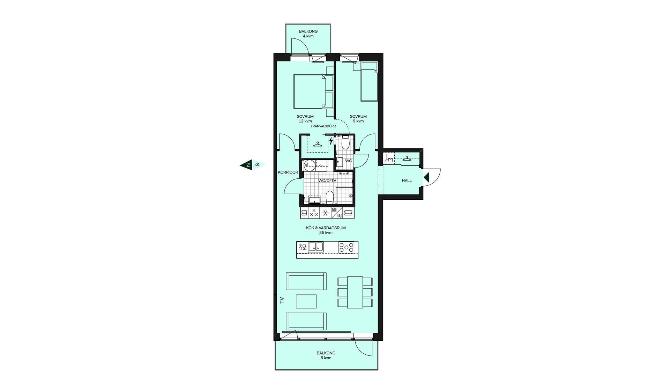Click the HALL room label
click(407, 180)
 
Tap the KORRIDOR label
click(288, 172)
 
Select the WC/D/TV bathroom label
click(327, 180)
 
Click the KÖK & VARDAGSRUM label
click(326, 228)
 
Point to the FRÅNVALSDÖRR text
click(323, 126)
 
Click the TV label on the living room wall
click(282, 300)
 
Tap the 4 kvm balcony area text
click(308, 36)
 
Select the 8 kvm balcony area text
click(326, 358)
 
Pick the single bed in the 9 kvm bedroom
click(369, 82)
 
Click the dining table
click(355, 292)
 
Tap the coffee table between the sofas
click(306, 301)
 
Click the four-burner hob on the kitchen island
click(346, 248)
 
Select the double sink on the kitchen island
click(315, 247)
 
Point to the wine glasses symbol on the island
click(302, 248)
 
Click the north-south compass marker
click(252, 165)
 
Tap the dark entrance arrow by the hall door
click(426, 178)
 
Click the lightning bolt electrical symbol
click(331, 141)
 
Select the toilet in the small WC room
click(345, 142)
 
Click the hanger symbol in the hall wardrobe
click(407, 158)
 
